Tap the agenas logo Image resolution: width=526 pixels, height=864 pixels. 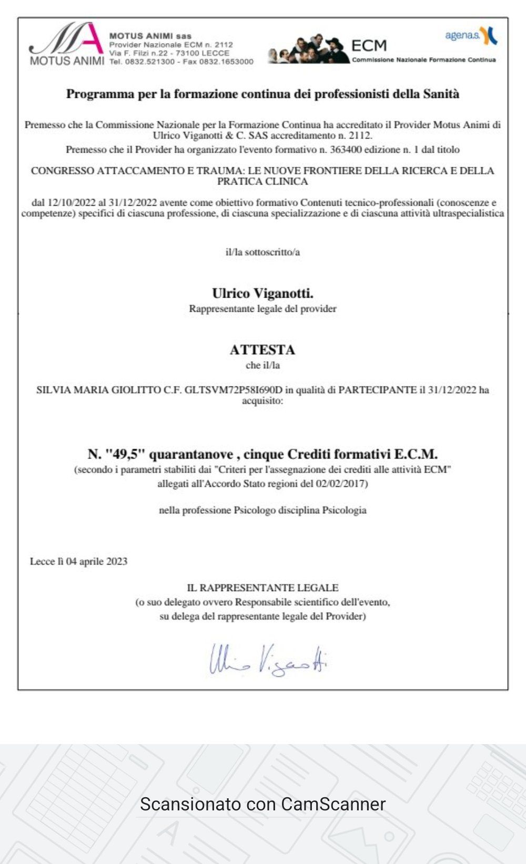coord(471,36)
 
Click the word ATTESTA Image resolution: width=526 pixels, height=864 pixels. coord(262,350)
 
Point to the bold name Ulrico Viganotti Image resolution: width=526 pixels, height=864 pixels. coord(262,293)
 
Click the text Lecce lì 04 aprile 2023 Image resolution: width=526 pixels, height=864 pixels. coord(78,562)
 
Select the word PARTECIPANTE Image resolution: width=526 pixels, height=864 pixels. coord(377,390)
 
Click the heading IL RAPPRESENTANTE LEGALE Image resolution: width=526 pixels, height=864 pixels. coord(262,588)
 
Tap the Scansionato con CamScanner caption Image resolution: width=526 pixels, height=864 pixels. coord(262,804)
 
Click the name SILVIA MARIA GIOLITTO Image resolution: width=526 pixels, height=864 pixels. coord(98,390)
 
